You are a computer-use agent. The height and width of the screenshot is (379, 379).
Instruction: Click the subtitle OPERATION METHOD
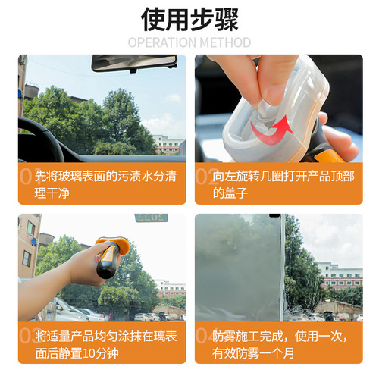click(189, 42)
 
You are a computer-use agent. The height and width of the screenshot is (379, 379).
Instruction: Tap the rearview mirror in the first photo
click(133, 63)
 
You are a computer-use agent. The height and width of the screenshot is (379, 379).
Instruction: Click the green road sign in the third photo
click(152, 218)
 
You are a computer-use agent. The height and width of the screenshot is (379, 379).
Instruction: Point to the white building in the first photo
click(168, 145)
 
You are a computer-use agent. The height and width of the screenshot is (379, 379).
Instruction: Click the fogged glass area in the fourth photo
click(239, 265)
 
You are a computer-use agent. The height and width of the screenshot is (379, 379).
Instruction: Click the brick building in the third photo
click(28, 243)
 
